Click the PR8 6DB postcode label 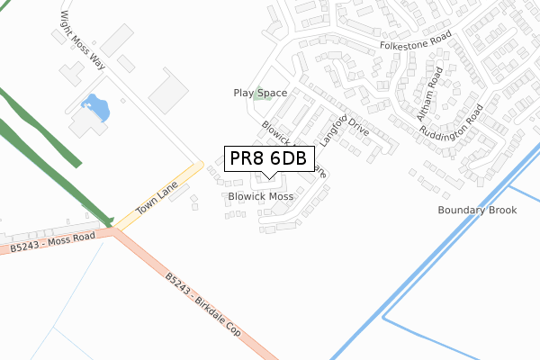click(x=268, y=158)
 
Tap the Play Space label click(x=260, y=93)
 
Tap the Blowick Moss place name click(x=261, y=196)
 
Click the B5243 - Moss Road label click(x=53, y=245)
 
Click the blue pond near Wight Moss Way click(x=96, y=109)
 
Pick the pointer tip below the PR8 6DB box click(x=268, y=177)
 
